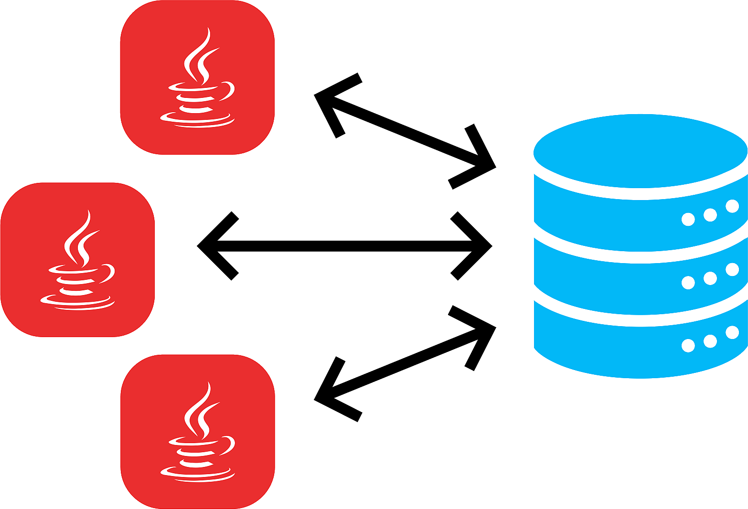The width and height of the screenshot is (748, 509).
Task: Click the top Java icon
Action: coord(197,77)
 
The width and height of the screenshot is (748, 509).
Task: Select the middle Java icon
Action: coord(77,260)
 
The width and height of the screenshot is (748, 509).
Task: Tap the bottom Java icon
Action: coord(197,432)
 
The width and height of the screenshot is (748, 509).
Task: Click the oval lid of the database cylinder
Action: coord(640,150)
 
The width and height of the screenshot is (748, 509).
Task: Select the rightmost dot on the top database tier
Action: coord(732,206)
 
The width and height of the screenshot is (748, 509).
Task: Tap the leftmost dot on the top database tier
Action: coord(688,219)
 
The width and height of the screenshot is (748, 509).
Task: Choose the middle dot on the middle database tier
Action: coord(710,278)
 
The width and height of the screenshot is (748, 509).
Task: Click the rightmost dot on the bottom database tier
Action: coord(732,332)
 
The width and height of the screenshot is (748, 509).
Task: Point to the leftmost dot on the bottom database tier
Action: coord(688,345)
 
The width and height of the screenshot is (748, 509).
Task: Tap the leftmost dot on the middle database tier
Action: coord(688,283)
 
